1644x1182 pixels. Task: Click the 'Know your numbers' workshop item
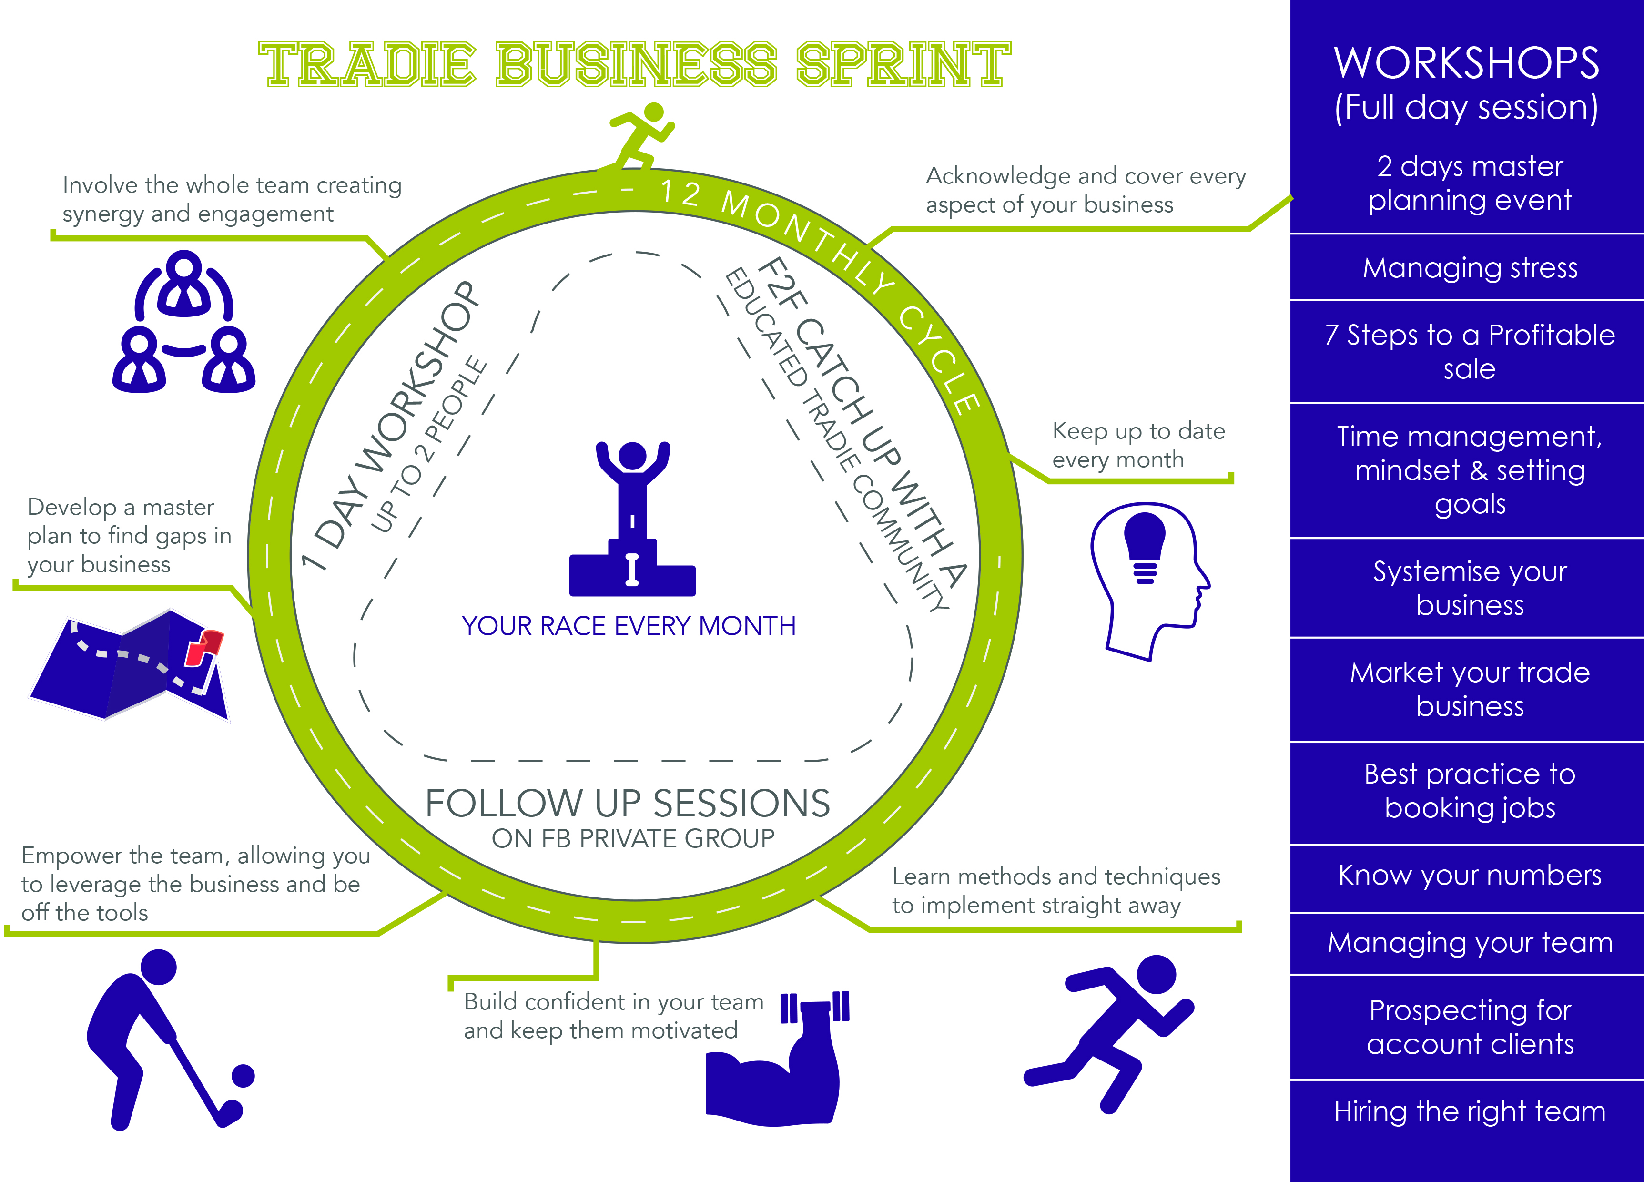pyautogui.click(x=1469, y=875)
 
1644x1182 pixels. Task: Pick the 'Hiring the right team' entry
pyautogui.click(x=1469, y=1111)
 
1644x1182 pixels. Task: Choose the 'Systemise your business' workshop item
pyautogui.click(x=1469, y=588)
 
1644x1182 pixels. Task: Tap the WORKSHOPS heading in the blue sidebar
pyautogui.click(x=1466, y=63)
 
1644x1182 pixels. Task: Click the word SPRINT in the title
pyautogui.click(x=903, y=64)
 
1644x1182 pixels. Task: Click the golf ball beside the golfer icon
pyautogui.click(x=243, y=1075)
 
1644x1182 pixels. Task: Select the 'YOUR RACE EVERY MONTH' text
pyautogui.click(x=629, y=626)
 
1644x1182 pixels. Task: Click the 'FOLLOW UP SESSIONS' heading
pyautogui.click(x=627, y=804)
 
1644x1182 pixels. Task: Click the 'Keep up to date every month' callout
pyautogui.click(x=1138, y=445)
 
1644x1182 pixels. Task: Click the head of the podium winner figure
pyautogui.click(x=632, y=455)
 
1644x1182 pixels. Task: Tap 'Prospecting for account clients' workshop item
pyautogui.click(x=1469, y=1026)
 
